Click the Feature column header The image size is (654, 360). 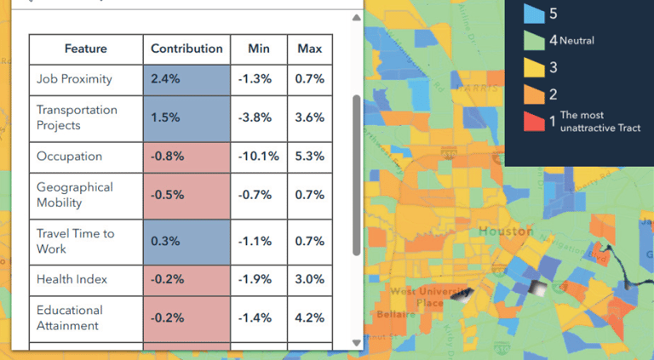[85, 49]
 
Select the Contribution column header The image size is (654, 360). [186, 49]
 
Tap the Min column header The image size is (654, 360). [258, 49]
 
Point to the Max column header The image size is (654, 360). [309, 49]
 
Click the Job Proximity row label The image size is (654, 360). [74, 79]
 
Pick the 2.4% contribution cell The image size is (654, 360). [186, 79]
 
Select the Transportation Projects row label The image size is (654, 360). [77, 117]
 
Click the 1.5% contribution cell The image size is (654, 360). [186, 117]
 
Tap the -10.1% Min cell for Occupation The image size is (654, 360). [258, 157]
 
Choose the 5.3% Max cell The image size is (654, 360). [309, 157]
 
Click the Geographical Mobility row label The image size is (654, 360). [75, 195]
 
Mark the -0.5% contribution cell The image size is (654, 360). [186, 195]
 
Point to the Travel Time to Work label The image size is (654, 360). [75, 241]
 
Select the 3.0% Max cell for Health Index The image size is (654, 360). [309, 279]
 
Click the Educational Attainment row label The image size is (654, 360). [69, 317]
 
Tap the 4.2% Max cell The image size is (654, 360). [309, 317]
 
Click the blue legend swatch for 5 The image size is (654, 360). [533, 14]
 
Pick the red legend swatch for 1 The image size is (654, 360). [533, 121]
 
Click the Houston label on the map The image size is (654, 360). [505, 231]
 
